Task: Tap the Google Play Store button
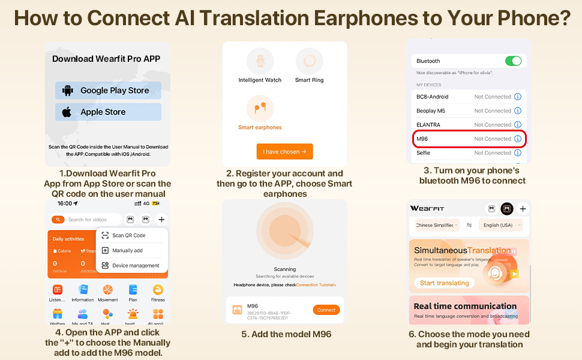pos(108,91)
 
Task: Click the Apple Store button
pos(108,112)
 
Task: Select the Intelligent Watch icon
pos(260,61)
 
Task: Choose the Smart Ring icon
pos(310,61)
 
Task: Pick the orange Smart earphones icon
pos(260,109)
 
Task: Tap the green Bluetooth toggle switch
pos(513,61)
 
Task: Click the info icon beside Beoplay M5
pos(518,110)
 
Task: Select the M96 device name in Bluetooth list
pos(422,139)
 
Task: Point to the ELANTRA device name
pos(428,125)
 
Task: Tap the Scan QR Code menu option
pos(128,235)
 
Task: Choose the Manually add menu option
pos(127,250)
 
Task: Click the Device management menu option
pos(135,265)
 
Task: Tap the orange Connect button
pos(326,310)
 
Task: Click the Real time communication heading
pos(465,306)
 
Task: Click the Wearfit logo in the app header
pos(427,208)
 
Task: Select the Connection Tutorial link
pos(316,285)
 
